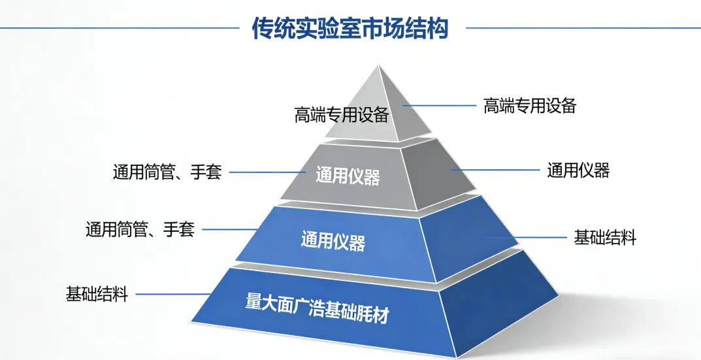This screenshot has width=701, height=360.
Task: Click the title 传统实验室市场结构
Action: point(350,28)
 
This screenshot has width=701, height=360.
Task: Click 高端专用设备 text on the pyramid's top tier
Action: point(342,116)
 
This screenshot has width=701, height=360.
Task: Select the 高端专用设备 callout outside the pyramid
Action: point(529,105)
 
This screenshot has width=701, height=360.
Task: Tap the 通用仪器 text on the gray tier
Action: point(348,176)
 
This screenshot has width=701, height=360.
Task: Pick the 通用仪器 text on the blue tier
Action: point(333,240)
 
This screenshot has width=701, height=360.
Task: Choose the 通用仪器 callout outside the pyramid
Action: point(578,171)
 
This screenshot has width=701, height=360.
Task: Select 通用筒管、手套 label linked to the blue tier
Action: point(140,229)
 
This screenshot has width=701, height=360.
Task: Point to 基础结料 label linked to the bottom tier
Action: point(96,294)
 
